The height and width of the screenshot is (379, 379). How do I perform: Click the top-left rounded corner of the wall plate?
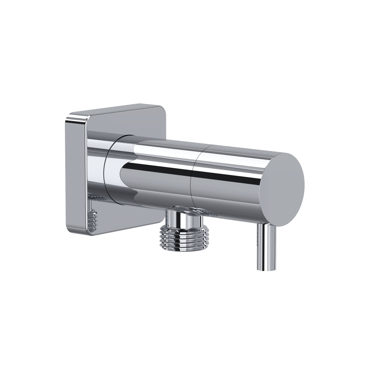[x=70, y=114]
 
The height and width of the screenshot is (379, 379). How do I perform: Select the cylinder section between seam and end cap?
[x=227, y=182]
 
